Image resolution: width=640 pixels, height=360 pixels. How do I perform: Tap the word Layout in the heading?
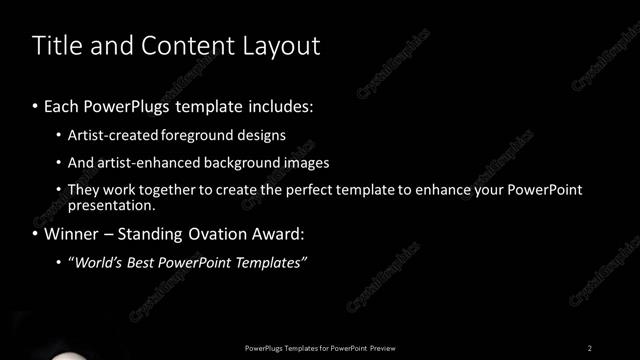tap(281, 46)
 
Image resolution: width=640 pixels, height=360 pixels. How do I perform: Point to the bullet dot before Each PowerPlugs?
tap(36, 105)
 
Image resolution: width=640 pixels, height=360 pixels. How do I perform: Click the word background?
tap(239, 161)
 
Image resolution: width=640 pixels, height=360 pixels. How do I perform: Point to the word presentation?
tap(110, 205)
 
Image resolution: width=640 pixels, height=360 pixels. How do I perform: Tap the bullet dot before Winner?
tap(36, 235)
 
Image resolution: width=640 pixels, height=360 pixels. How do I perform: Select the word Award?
tap(274, 235)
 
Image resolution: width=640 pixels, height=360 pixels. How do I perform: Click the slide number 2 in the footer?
tap(590, 348)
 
